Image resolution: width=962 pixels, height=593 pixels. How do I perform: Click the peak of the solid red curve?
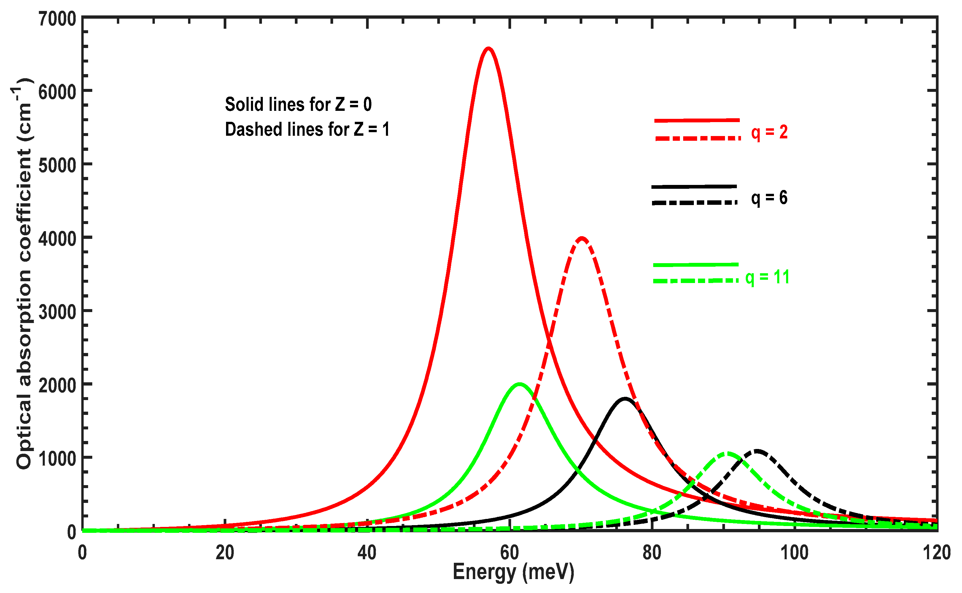pos(488,49)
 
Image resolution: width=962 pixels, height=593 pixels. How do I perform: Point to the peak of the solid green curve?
pos(519,384)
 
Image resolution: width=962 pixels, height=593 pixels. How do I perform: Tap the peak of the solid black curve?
pos(624,399)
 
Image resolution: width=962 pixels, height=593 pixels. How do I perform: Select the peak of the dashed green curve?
pos(727,453)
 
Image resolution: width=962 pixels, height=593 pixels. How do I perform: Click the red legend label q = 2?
pos(769,132)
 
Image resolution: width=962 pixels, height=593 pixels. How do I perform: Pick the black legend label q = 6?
pos(769,198)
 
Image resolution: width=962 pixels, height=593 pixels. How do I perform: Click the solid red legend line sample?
pos(697,120)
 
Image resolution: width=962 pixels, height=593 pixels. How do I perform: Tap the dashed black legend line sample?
pos(694,202)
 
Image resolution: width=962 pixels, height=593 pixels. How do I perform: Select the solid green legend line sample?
pos(696,265)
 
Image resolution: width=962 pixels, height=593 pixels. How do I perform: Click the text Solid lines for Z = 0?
pos(298,104)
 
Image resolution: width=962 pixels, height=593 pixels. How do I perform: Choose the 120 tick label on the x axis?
pos(936,553)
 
